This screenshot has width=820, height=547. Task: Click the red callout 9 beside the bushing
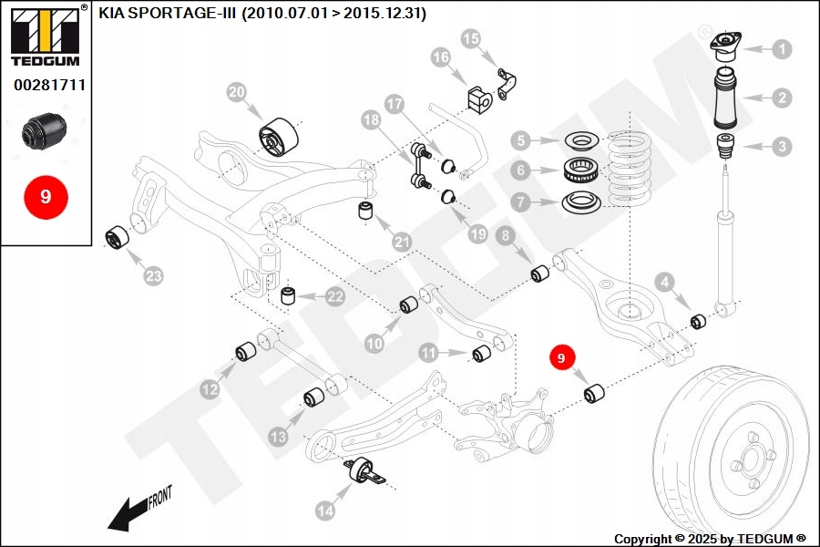click(561, 359)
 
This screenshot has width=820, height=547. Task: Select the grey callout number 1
click(782, 49)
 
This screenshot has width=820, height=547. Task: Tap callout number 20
click(237, 92)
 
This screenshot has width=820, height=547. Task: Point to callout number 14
click(325, 512)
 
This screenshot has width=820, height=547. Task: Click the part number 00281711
click(49, 85)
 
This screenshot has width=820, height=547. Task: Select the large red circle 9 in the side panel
click(46, 196)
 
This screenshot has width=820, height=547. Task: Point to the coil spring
click(643, 168)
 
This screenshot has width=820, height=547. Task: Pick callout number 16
click(441, 57)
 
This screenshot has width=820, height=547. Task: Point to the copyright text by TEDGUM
click(711, 539)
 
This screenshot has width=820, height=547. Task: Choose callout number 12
click(210, 389)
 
